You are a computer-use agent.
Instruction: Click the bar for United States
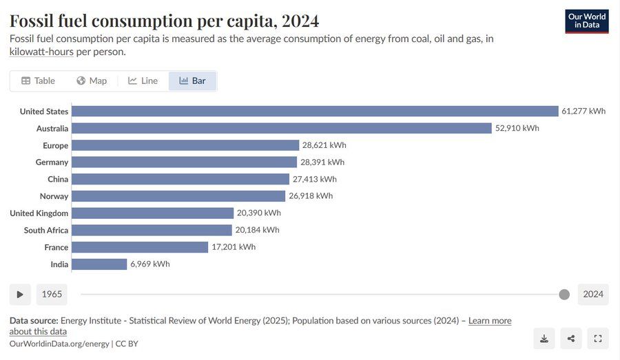[x=315, y=112]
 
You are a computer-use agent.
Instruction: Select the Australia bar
[x=281, y=128]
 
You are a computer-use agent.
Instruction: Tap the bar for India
[x=99, y=264]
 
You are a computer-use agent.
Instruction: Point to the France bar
[x=140, y=247]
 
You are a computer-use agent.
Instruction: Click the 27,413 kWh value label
[x=315, y=179]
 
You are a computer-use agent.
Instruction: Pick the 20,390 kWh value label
[x=259, y=213]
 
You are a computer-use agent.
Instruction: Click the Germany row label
[x=52, y=162]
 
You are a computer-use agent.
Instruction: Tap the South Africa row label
[x=46, y=231]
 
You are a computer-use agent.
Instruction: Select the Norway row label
[x=54, y=196]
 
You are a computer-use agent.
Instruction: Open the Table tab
[x=38, y=81]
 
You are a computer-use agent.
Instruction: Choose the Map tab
[x=92, y=81]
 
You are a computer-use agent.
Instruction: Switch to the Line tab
[x=143, y=81]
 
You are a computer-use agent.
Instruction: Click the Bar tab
[x=192, y=81]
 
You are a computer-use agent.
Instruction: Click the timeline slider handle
[x=564, y=295]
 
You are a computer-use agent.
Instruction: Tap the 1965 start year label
[x=52, y=295]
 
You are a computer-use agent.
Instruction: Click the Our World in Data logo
[x=587, y=21]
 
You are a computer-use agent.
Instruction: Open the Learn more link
[x=490, y=321]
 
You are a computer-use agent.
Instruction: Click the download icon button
[x=544, y=338]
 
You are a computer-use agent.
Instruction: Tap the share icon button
[x=571, y=338]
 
